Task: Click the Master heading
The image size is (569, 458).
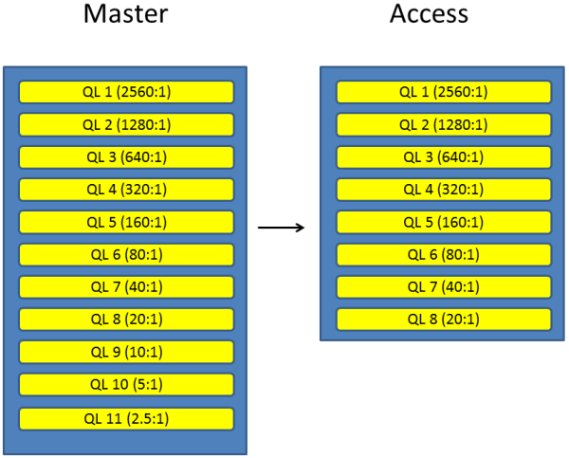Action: point(125,16)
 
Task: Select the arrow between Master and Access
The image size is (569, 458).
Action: point(282,228)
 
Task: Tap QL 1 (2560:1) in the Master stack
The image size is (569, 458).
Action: point(126,92)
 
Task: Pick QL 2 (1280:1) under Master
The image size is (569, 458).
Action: point(126,125)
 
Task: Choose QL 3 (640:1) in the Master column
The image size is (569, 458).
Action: point(126,157)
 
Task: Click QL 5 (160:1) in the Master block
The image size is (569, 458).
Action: point(126,223)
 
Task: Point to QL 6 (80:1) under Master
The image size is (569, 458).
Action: point(126,255)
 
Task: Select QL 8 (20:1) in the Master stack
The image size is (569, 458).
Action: point(126,320)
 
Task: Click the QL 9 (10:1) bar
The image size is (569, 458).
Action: point(126,352)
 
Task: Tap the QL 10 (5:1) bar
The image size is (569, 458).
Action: point(126,384)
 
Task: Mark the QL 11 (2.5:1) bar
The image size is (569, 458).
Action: point(126,418)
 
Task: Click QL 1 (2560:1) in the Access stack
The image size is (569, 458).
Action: point(444,92)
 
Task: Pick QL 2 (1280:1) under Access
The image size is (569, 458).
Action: point(444,125)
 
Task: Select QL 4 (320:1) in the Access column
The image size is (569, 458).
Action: point(444,190)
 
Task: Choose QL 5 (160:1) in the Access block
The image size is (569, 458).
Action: point(444,223)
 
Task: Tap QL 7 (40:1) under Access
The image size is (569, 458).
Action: point(444,287)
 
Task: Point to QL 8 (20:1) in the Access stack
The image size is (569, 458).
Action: point(444,320)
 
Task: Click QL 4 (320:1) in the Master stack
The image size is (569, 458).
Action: point(126,190)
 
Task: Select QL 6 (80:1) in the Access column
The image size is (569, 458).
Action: point(444,255)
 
